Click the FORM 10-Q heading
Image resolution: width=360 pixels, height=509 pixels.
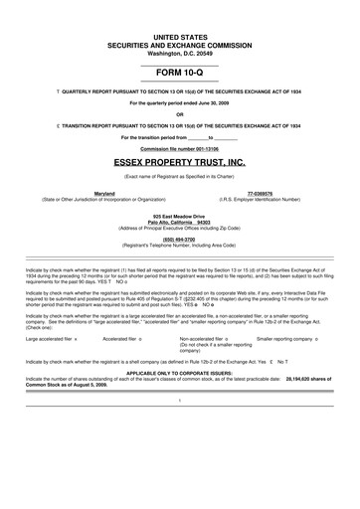[x=180, y=74]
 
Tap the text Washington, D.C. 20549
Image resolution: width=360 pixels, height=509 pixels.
[x=180, y=51]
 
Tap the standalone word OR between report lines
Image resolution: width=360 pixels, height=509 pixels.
[x=180, y=112]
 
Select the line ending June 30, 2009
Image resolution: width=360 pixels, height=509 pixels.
[x=180, y=102]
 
